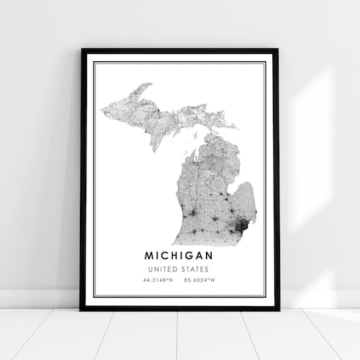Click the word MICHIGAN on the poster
coord(179,256)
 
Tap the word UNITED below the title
coord(163,269)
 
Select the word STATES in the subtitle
coord(197,269)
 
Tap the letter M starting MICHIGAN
coord(149,256)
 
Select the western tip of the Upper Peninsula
coord(103,110)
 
